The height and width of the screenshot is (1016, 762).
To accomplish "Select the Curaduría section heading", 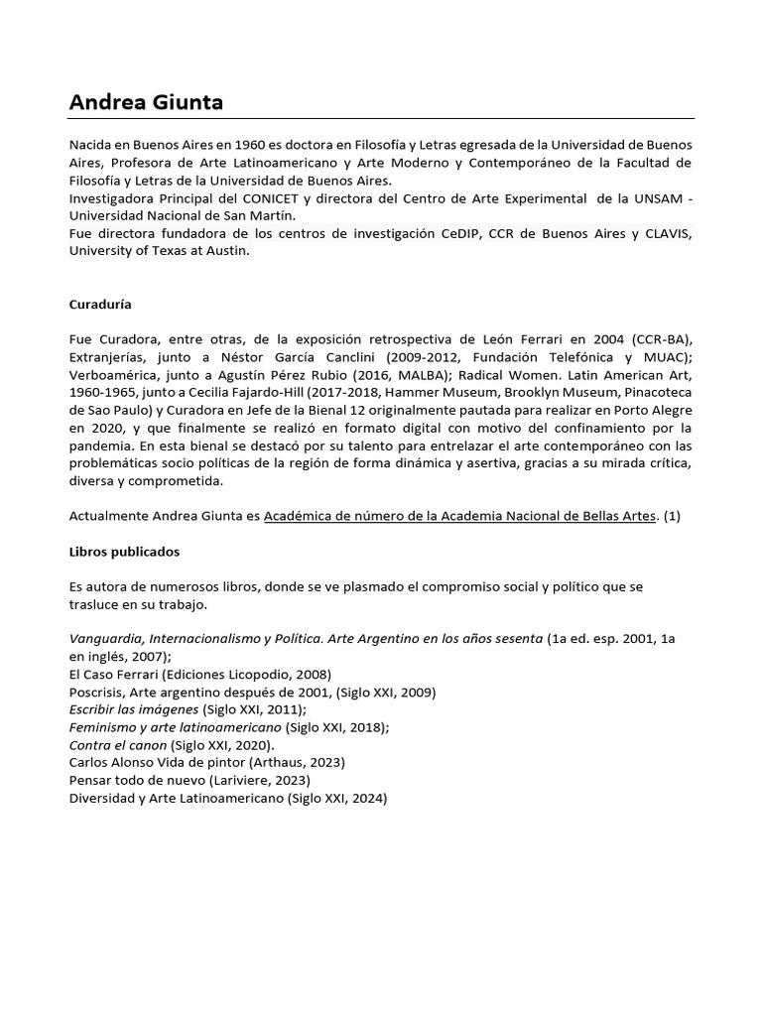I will point(99,304).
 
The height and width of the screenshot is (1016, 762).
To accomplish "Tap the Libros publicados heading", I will point(124,551).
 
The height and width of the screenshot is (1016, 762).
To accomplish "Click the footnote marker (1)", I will point(672,516).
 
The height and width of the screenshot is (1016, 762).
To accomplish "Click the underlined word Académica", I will point(300,516).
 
